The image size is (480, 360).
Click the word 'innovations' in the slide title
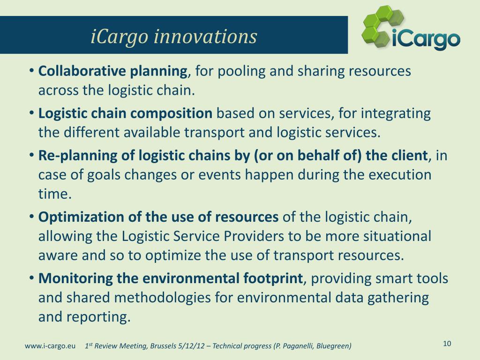[205, 37]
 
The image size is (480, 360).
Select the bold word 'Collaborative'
[82, 71]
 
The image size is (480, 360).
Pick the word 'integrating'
[396, 114]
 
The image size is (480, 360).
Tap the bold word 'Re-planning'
[78, 156]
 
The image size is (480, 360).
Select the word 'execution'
[399, 175]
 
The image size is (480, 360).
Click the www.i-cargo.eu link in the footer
[50, 346]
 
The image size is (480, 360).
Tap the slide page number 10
[447, 344]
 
